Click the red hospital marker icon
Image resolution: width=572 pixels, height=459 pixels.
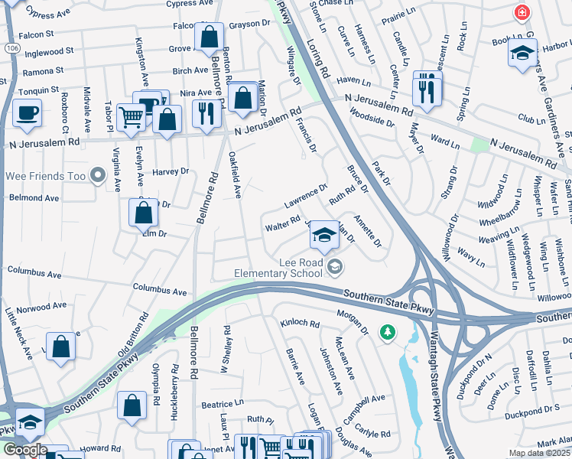522,13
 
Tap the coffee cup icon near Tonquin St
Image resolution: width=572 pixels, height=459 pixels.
27,112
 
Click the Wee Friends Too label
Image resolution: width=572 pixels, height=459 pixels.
43,176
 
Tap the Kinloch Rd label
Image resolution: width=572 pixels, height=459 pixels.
299,324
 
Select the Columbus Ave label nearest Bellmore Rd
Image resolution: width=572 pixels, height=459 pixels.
159,291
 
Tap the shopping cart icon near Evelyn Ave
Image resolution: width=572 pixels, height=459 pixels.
131,116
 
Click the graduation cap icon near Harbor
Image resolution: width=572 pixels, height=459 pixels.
522,52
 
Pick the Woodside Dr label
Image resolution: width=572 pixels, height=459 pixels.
370,116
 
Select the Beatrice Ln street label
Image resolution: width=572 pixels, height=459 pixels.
223,403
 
